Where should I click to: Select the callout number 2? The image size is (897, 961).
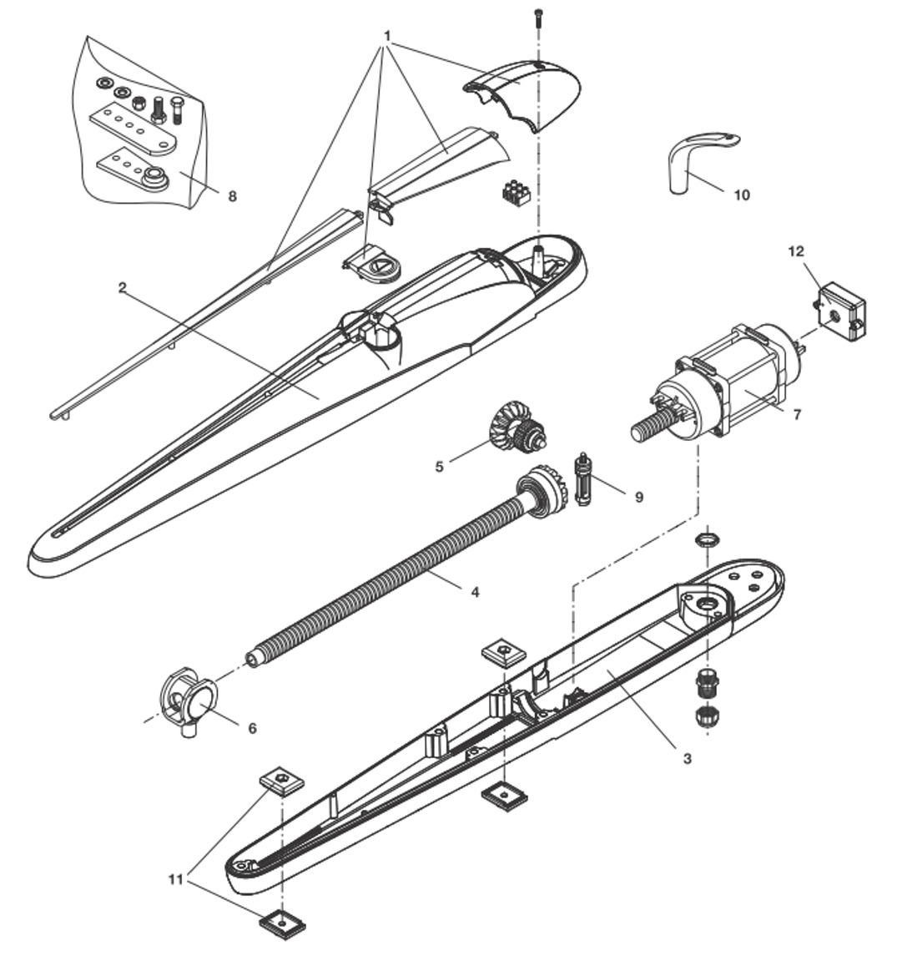(x=122, y=287)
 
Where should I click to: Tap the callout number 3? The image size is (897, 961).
(x=687, y=759)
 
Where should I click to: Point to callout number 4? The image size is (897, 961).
(x=475, y=592)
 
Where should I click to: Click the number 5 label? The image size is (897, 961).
(x=440, y=466)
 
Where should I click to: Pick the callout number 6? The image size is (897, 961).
(x=253, y=727)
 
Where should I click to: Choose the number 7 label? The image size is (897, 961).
(x=797, y=413)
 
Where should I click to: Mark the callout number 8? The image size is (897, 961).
(x=232, y=195)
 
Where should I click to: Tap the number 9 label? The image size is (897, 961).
(x=638, y=497)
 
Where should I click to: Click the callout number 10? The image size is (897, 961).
(x=741, y=195)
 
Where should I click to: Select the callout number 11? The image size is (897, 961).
(x=175, y=879)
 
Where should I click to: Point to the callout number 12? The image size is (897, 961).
(x=797, y=250)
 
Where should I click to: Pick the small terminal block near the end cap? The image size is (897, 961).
(x=516, y=193)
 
